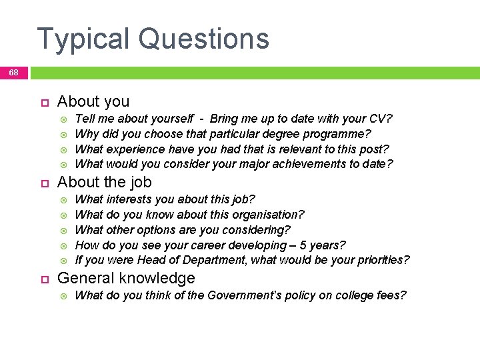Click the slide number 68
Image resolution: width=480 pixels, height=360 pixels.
(x=13, y=72)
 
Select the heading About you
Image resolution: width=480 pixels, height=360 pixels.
(x=93, y=102)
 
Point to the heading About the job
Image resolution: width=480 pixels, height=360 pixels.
(x=104, y=182)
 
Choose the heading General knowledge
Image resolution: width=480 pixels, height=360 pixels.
(x=126, y=278)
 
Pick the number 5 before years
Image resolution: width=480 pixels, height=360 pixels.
(x=301, y=245)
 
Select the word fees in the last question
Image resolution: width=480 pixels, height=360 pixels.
(x=389, y=295)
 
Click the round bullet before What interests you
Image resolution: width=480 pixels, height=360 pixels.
(x=65, y=199)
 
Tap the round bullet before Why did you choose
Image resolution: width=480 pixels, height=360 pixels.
(x=65, y=135)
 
